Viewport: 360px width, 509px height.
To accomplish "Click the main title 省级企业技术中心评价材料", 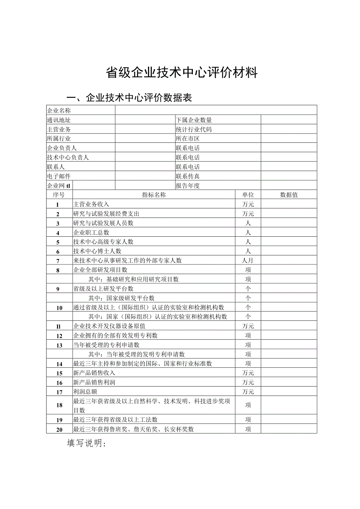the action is [x=182, y=73].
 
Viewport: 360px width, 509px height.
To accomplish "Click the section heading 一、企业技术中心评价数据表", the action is [x=130, y=98].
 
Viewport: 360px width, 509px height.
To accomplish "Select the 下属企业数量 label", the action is [x=194, y=120].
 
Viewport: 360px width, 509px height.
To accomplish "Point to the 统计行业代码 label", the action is [x=194, y=129].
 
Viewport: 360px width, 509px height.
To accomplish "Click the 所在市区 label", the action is [x=188, y=139].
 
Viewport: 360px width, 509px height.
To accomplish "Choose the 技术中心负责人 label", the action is [x=68, y=158].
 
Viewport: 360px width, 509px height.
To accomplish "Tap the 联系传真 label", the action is [x=188, y=176].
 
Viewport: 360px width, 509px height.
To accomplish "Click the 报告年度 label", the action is [x=188, y=186].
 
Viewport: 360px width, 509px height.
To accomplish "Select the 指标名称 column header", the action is [x=154, y=195].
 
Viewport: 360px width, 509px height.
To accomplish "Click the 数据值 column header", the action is [x=289, y=195].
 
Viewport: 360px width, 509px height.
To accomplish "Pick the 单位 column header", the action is [x=248, y=195].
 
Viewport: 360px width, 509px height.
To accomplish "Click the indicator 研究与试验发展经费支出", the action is [x=106, y=214].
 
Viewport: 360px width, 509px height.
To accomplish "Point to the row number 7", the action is [x=58, y=261].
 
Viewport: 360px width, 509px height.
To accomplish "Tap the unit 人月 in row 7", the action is [x=248, y=261].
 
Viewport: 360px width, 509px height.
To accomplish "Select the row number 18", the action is [x=59, y=405].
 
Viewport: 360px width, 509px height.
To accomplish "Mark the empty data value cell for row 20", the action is [x=289, y=429].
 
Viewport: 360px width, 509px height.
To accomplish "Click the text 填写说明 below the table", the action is [x=86, y=444].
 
